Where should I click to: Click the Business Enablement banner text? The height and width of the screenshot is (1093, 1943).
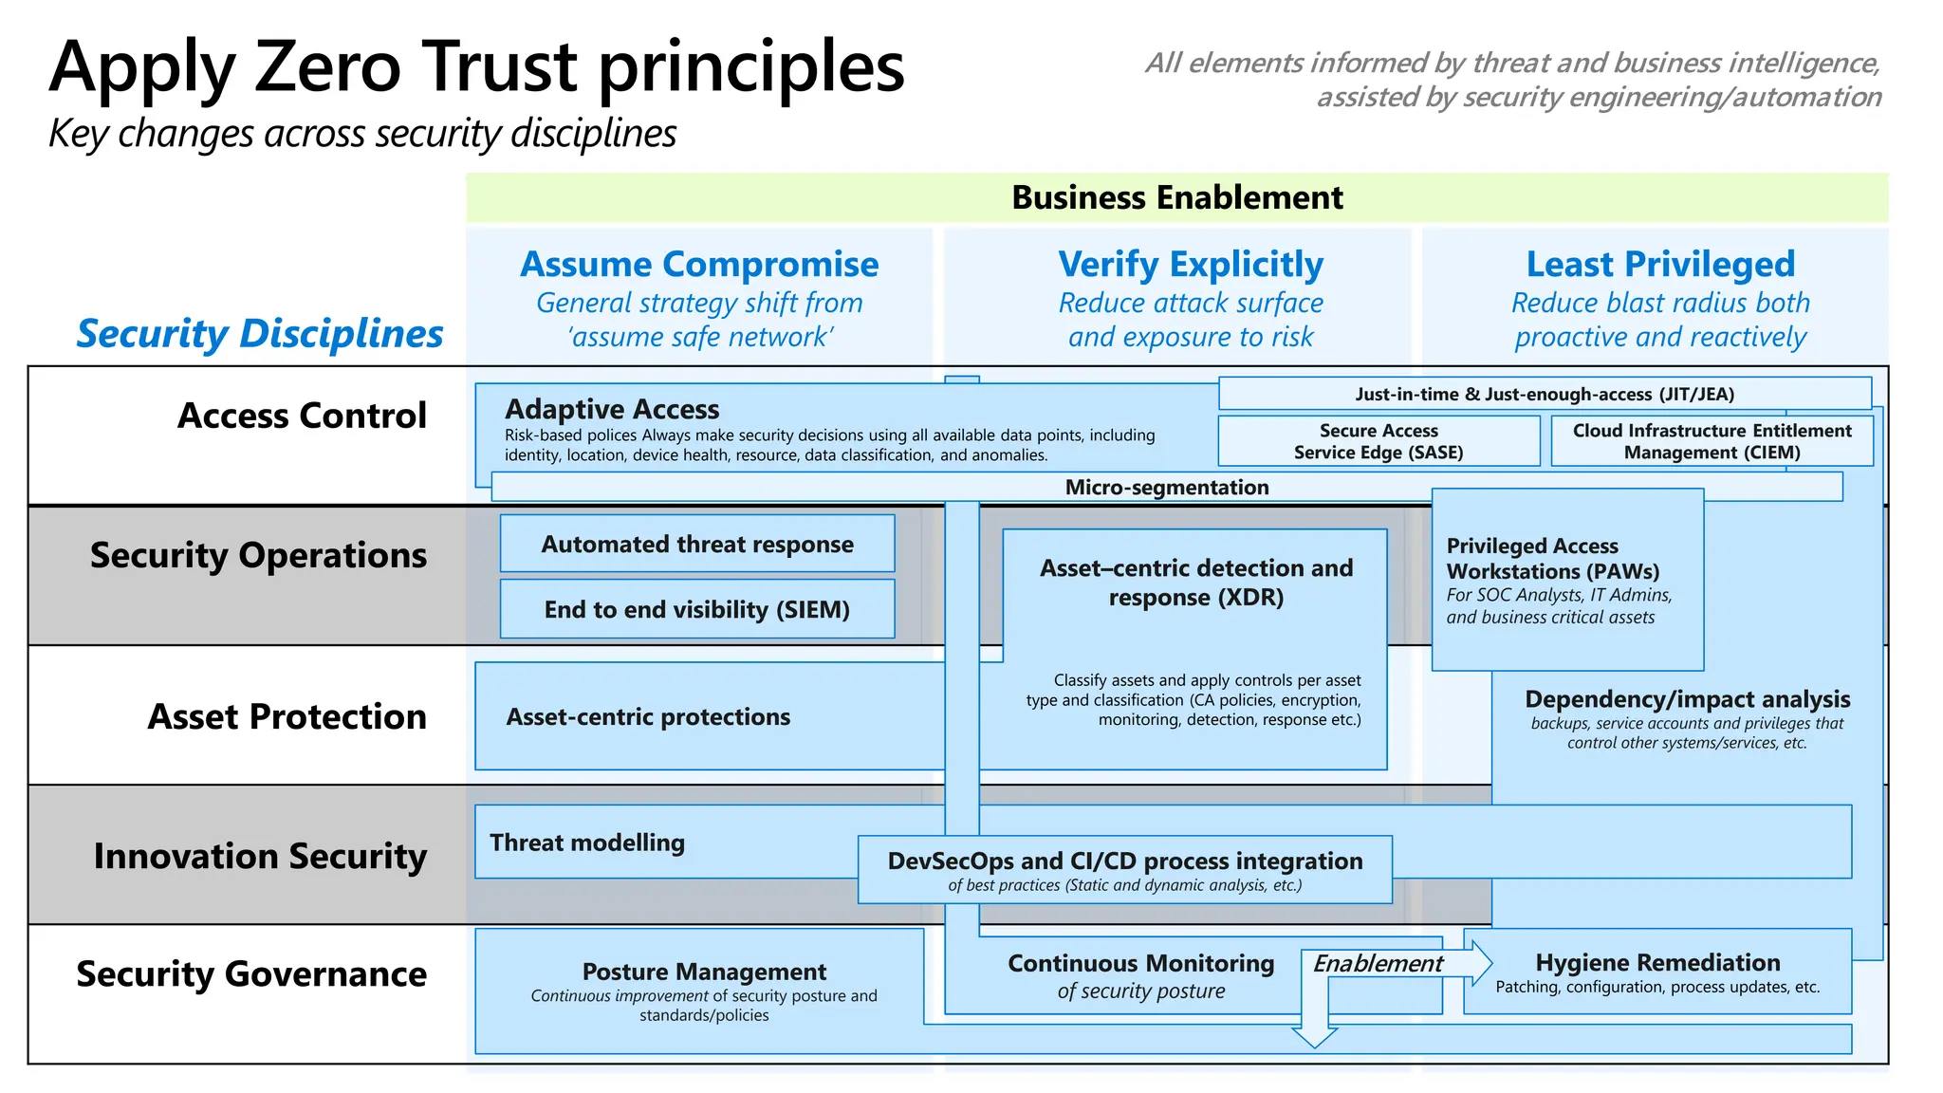click(1176, 197)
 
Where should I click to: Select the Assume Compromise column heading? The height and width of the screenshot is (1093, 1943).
click(699, 264)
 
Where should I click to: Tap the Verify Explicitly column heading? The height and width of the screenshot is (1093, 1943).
click(1191, 264)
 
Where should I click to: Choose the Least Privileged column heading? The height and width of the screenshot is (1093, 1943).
click(1660, 264)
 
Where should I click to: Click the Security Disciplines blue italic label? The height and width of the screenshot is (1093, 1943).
click(259, 334)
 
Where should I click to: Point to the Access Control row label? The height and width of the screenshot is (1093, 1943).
click(302, 416)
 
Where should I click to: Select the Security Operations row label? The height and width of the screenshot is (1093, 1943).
click(258, 555)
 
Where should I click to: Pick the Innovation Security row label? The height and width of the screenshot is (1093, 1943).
click(260, 856)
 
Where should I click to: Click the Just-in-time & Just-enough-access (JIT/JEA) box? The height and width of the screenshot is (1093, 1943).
click(1544, 394)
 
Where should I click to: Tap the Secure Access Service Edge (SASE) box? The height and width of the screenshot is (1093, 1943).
click(1379, 441)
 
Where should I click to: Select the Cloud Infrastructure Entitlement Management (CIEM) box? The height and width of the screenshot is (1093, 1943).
click(1712, 441)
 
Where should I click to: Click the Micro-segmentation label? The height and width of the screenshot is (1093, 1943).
click(1166, 487)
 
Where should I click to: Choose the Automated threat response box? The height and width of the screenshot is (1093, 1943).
click(697, 544)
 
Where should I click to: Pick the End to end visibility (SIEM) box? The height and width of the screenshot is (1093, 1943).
click(697, 609)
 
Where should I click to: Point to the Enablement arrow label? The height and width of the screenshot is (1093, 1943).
click(1378, 963)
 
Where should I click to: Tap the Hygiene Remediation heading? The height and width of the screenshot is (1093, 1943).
click(1657, 962)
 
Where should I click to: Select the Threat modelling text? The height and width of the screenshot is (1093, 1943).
click(587, 843)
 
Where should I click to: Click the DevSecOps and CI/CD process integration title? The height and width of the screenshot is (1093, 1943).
click(1124, 861)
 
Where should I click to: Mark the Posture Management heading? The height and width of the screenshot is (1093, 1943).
click(704, 972)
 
